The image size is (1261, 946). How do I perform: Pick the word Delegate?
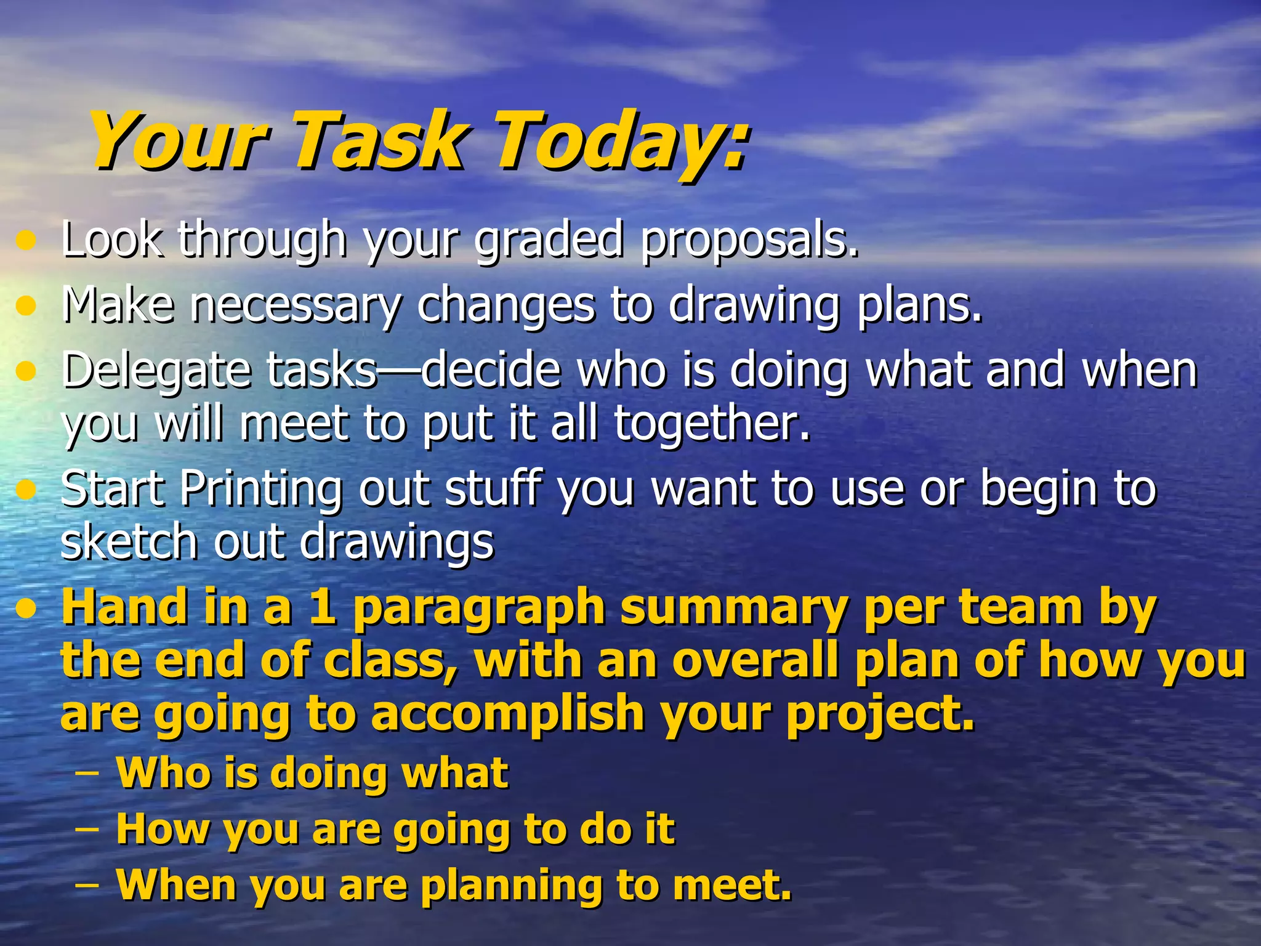pos(156,371)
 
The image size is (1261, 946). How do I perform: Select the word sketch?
pos(129,542)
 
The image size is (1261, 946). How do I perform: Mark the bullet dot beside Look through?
pos(25,241)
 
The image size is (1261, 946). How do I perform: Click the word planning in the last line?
pos(511,887)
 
